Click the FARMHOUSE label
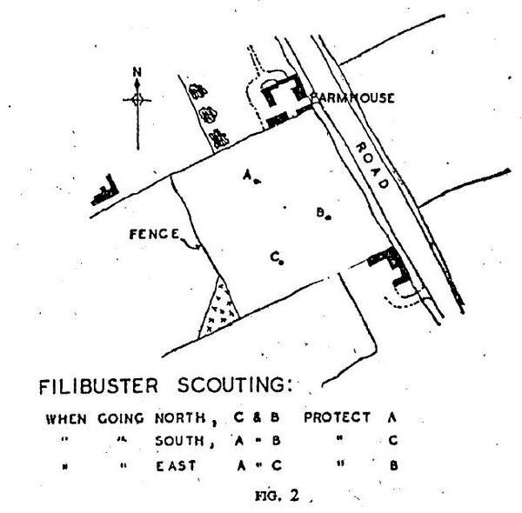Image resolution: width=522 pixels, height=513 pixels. (x=349, y=98)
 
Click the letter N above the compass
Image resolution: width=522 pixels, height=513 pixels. (x=137, y=71)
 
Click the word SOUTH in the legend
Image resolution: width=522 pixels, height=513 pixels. (x=179, y=442)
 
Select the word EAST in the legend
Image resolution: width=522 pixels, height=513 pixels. (x=173, y=464)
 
